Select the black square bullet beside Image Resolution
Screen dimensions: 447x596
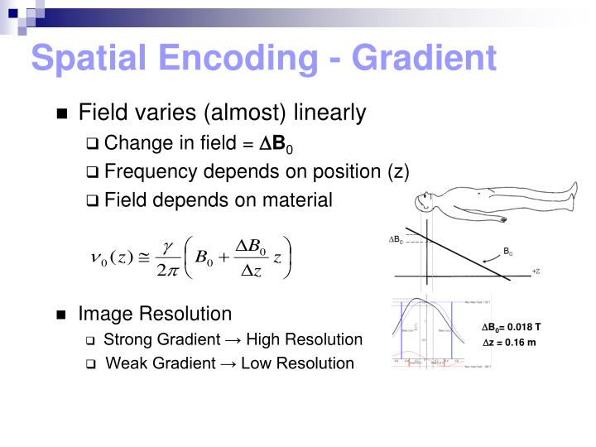61,315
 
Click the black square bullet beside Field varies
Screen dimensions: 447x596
61,114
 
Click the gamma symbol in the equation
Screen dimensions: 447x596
167,246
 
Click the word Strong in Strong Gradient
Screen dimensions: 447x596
124,339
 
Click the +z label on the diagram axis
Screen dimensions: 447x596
536,271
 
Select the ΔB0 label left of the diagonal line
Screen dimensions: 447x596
396,240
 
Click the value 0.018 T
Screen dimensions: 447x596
524,326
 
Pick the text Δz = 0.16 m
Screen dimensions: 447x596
509,343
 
